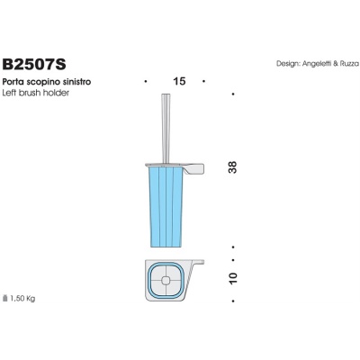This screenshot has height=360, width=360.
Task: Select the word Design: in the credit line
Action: (290, 64)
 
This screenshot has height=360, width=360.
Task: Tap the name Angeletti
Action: (319, 64)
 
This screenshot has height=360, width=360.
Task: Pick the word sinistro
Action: (76, 82)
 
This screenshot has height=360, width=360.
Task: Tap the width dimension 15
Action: (178, 82)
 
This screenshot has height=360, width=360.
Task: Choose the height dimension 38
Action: (233, 166)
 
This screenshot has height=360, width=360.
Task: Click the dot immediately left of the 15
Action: (146, 82)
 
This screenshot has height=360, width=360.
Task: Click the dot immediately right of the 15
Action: (206, 82)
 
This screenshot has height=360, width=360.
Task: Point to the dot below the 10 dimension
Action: (233, 305)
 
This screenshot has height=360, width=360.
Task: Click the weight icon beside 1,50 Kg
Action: (7, 296)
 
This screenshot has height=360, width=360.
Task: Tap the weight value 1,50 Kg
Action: (24, 297)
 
